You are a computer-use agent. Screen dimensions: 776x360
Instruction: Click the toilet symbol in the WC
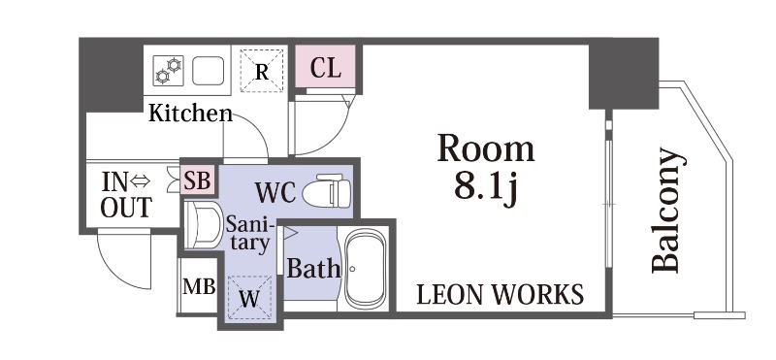[x=327, y=190]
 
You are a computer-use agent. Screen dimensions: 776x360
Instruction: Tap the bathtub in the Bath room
[x=366, y=269]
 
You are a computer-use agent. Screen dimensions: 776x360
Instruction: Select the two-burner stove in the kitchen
[x=168, y=71]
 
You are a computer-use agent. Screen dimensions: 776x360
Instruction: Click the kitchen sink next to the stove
[x=208, y=71]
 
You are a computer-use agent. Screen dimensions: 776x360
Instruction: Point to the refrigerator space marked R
[x=262, y=70]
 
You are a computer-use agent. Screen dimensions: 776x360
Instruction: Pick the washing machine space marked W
[x=249, y=298]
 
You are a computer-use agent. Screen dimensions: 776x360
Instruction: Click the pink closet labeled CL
[x=326, y=67]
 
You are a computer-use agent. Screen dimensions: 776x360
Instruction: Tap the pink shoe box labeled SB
[x=198, y=180]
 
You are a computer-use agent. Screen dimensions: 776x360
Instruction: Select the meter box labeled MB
[x=199, y=285]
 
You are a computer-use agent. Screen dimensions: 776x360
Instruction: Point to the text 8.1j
[x=486, y=187]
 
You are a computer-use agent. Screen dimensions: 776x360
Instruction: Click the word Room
[x=486, y=148]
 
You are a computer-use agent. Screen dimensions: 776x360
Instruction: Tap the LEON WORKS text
[x=500, y=295]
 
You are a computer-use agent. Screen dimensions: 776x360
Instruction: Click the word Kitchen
[x=190, y=113]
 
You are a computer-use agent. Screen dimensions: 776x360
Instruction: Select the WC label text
[x=275, y=191]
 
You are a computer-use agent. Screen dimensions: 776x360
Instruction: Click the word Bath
[x=313, y=269]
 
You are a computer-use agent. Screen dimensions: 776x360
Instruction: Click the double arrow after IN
[x=140, y=182]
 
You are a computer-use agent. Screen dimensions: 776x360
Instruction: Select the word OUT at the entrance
[x=126, y=208]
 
